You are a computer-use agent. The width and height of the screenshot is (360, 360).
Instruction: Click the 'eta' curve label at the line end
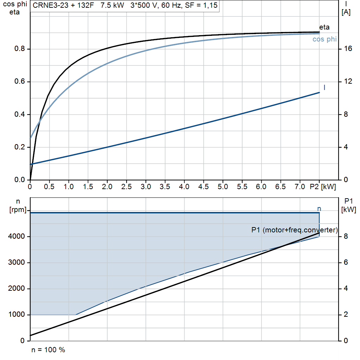324,27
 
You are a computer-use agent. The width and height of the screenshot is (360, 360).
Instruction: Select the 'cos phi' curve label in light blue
324,39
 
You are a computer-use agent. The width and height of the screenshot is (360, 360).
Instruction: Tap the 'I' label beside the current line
324,87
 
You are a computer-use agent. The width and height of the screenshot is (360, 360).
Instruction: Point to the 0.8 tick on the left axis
19,49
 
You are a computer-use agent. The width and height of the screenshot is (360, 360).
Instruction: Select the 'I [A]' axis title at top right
346,8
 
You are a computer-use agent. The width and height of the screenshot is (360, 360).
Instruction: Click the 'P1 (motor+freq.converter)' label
294,230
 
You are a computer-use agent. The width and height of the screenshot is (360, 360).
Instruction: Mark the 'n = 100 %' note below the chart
48,350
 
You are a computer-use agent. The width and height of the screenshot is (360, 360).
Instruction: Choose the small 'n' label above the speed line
319,209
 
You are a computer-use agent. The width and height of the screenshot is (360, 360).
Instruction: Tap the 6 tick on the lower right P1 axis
346,263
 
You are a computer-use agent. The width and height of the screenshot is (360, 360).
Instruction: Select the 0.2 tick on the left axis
19,147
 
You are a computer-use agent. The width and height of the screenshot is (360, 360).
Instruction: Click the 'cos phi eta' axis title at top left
14,8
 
